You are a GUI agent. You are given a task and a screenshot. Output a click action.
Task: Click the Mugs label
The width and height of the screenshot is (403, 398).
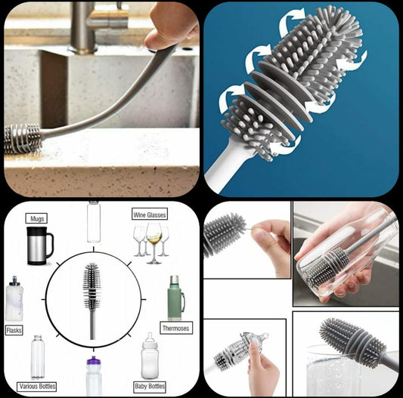tap(36, 218)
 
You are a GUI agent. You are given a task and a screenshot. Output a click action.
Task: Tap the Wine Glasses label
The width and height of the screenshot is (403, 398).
tap(150, 214)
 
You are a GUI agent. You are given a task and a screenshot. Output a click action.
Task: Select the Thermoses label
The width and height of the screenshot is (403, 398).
tap(176, 328)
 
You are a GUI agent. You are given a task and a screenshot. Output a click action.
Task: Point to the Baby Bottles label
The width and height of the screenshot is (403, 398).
tap(150, 387)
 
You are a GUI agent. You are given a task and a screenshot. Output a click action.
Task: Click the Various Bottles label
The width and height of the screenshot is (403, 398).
tap(37, 387)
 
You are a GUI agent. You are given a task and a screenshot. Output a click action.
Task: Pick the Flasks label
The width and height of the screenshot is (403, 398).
tap(14, 330)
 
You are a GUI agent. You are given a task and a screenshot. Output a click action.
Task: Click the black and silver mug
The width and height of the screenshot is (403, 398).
tap(39, 245)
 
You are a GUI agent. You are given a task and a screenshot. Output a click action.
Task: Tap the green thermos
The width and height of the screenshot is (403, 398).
tap(176, 298)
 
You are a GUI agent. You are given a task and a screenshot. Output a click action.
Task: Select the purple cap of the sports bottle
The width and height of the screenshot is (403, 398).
tap(93, 361)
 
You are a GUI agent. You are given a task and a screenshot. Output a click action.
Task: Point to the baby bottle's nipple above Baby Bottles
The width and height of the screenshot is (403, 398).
tap(150, 338)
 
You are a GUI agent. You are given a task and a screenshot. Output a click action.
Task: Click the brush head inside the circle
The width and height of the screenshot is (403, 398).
tap(91, 286)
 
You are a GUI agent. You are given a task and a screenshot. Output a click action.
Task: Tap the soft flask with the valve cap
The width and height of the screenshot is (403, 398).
tap(14, 298)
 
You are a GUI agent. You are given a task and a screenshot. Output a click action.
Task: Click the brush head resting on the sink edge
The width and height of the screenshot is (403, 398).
tap(22, 139)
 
